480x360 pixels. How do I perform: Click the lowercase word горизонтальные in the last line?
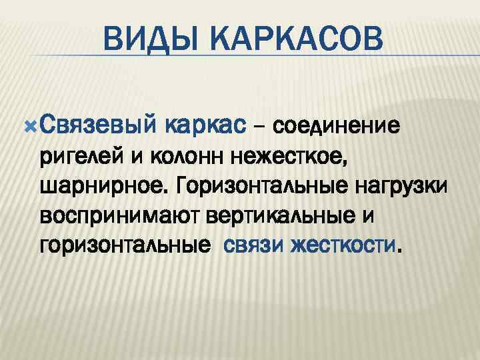(120, 247)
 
